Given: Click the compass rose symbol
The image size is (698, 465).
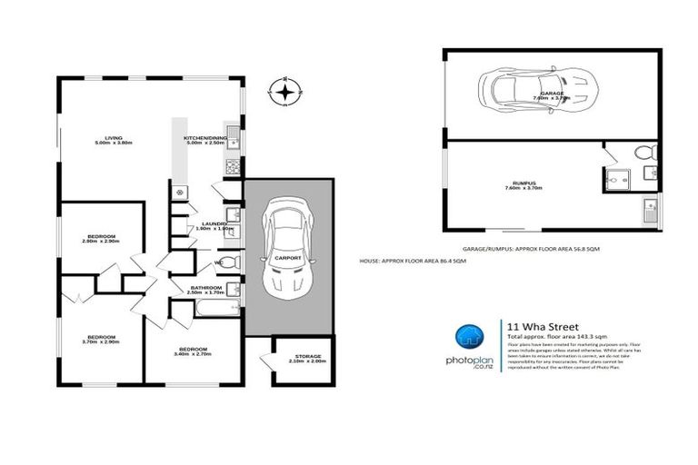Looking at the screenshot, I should pyautogui.click(x=286, y=91).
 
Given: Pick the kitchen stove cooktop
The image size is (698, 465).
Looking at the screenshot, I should pyautogui.click(x=233, y=167).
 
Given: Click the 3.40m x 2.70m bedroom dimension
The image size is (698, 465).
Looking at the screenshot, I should pyautogui.click(x=192, y=355).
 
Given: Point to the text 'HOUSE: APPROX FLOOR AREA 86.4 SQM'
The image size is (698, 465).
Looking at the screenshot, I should pyautogui.click(x=413, y=261).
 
